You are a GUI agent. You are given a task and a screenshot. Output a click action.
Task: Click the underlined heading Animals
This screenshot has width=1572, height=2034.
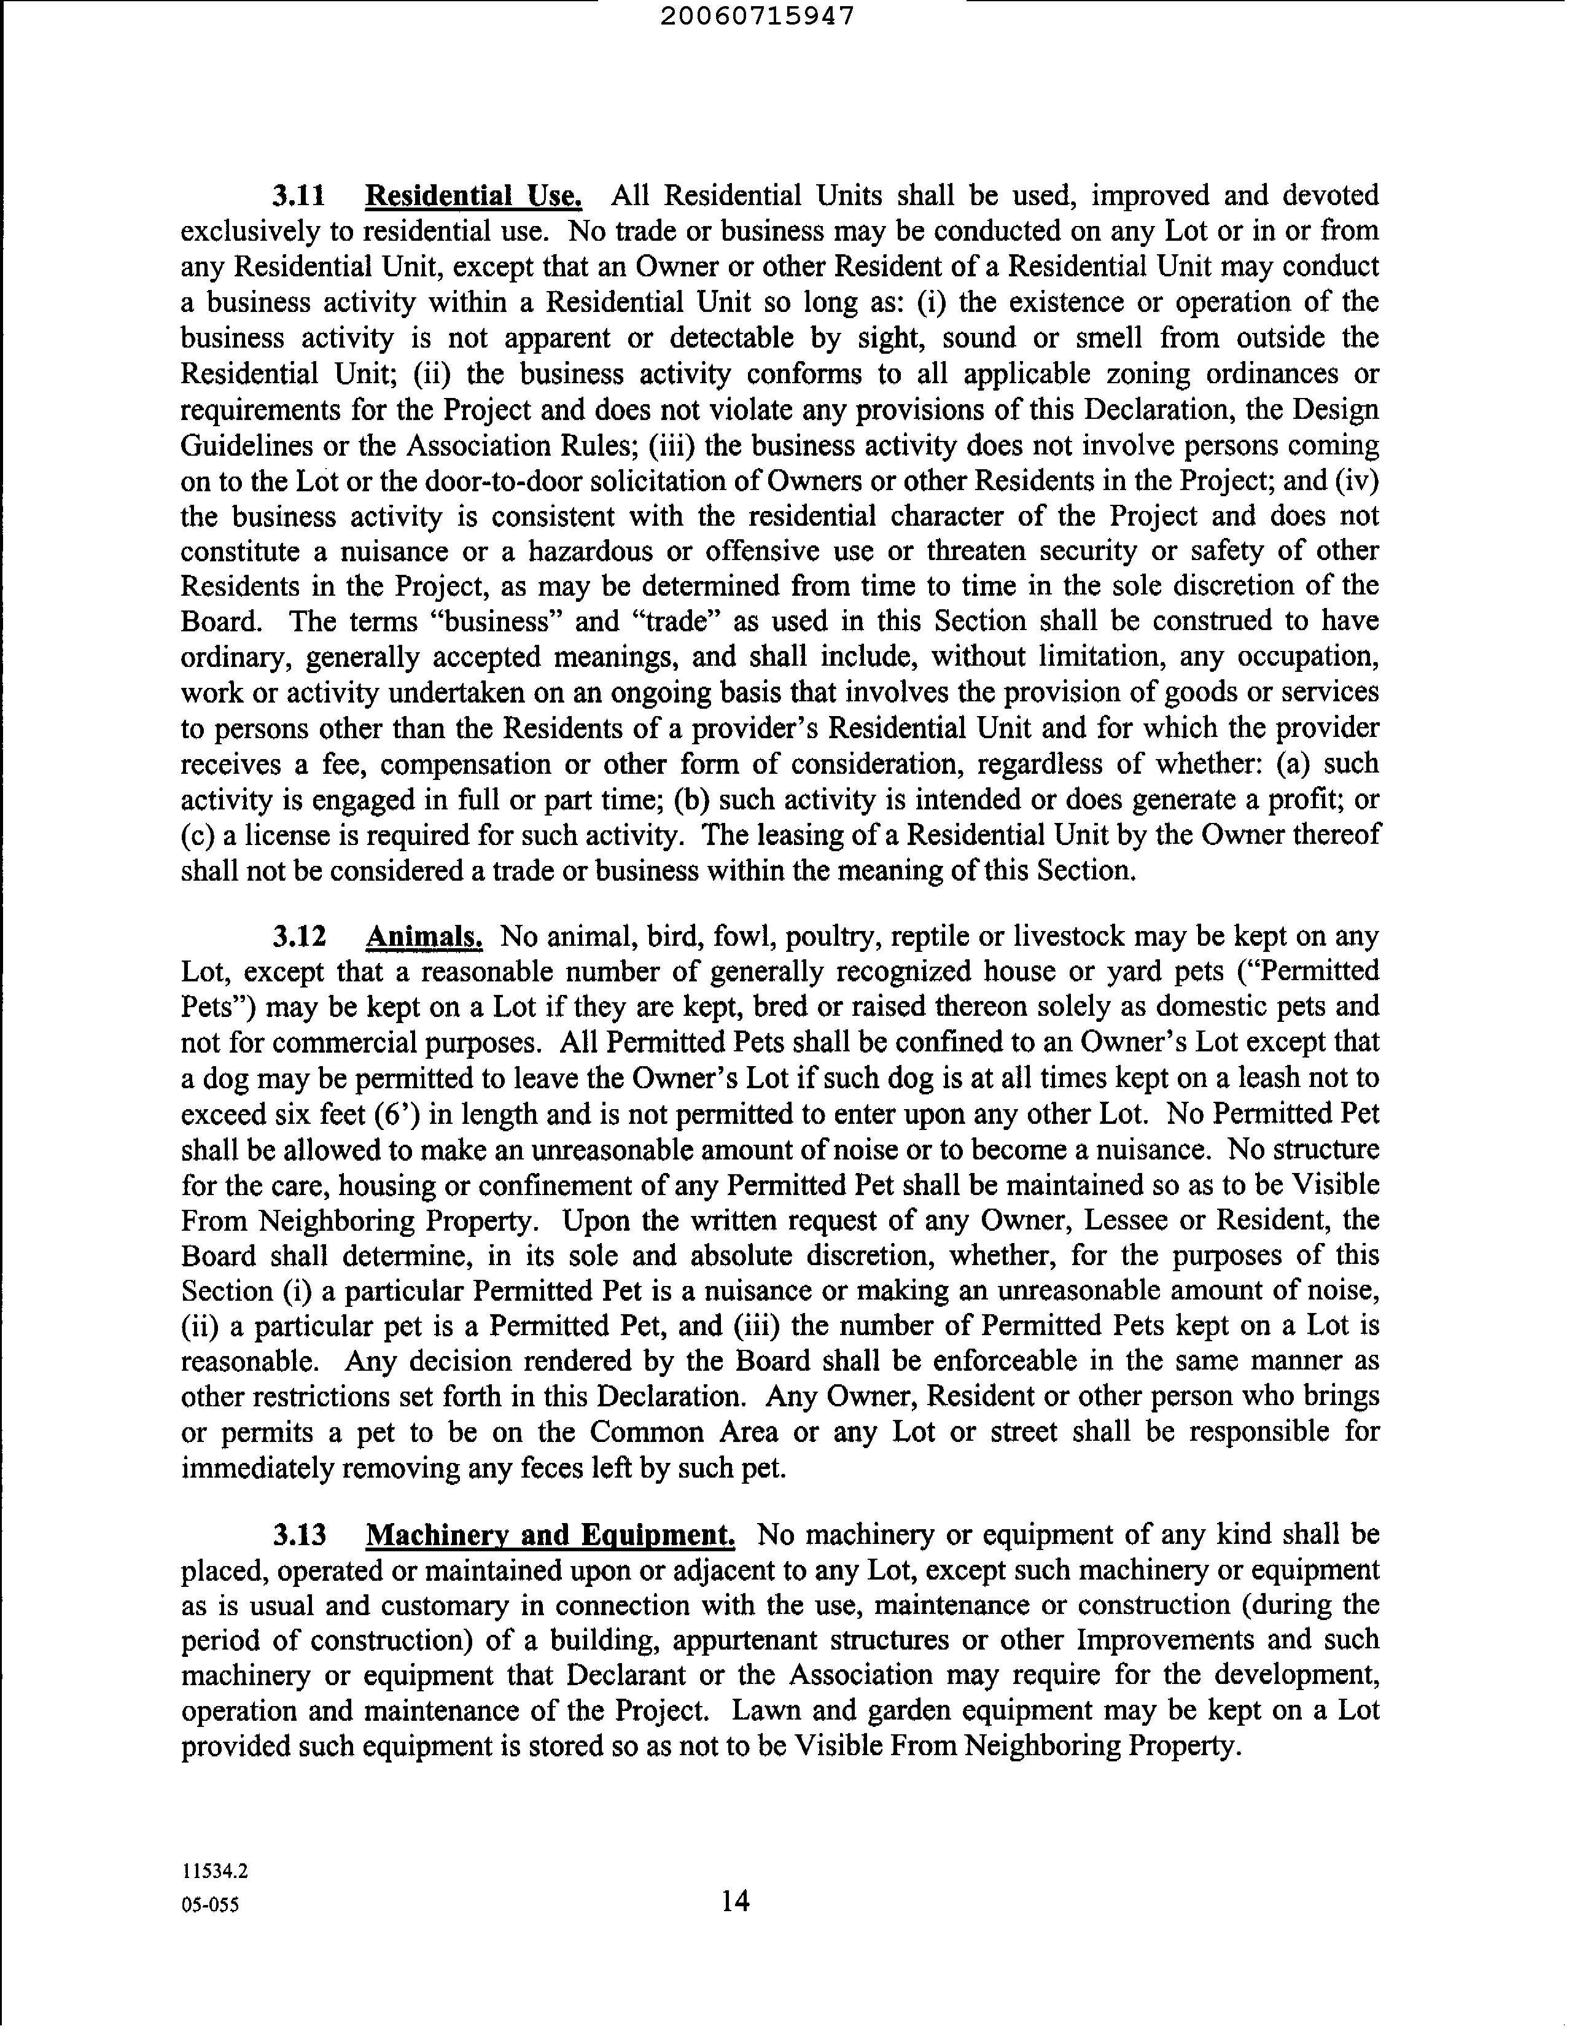pos(424,936)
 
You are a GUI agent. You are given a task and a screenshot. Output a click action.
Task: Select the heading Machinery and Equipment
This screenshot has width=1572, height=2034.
pos(550,1534)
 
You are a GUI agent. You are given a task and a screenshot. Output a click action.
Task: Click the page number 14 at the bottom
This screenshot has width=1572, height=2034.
pos(734,1900)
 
